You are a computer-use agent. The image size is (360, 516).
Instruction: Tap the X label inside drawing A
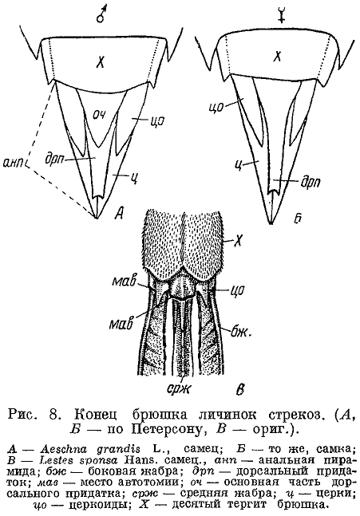100,61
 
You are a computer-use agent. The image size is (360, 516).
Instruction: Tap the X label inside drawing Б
278,57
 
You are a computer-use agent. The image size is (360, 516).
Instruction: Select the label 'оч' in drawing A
99,116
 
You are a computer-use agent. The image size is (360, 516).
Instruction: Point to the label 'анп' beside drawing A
14,163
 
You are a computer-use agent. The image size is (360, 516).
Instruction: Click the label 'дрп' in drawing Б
311,183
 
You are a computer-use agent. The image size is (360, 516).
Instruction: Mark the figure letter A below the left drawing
118,214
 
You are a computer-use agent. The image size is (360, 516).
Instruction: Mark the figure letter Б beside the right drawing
298,219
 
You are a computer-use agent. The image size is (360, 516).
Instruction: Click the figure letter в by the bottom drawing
241,389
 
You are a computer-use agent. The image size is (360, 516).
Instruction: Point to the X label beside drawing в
238,242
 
